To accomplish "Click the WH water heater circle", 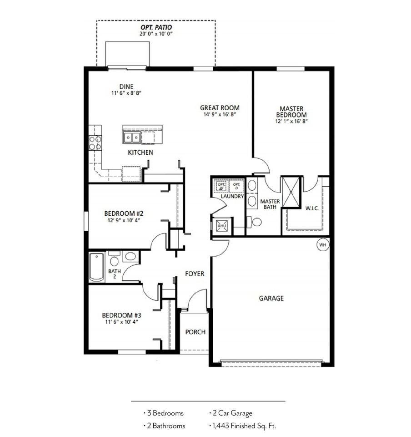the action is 322,245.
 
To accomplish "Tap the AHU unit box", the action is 222,225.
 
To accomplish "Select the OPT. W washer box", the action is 221,186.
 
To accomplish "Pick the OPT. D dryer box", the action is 236,186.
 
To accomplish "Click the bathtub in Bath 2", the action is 96,267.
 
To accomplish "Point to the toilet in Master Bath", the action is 254,222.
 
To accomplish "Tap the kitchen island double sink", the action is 132,137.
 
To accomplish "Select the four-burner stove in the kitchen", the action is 95,142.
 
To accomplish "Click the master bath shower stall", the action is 291,192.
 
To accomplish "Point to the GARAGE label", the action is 271,298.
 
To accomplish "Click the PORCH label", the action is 195,332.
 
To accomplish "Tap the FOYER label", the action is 195,274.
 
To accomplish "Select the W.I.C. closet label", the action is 312,208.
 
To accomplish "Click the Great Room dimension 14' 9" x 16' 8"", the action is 220,114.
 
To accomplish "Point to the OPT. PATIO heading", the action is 156,27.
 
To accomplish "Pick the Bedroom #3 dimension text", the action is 121,322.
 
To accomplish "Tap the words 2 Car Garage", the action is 232,413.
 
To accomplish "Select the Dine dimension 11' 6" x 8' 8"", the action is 126,93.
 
